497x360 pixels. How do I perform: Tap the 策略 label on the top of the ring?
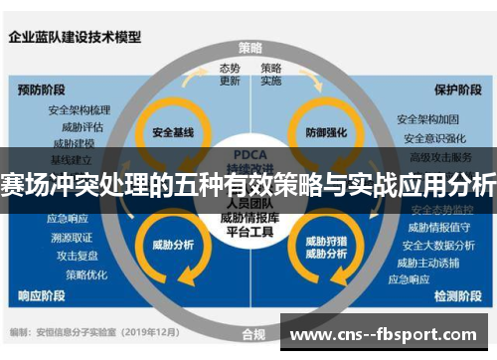[250, 47]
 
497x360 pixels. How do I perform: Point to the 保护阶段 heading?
[455, 89]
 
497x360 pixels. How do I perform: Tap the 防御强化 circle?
[326, 131]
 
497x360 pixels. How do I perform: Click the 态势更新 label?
[230, 75]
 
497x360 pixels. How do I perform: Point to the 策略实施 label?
[271, 75]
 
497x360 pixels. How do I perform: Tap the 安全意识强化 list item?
[431, 138]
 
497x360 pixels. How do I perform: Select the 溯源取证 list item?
[72, 237]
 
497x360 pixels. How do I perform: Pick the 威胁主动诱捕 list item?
[431, 263]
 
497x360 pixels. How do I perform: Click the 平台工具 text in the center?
[249, 232]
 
